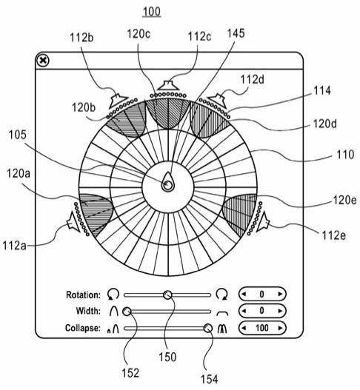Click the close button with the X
pos(43,61)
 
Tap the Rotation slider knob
pos(167,295)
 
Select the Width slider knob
pos(127,312)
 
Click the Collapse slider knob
pos(207,329)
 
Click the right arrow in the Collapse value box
pos(280,328)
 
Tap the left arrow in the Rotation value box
pos(244,295)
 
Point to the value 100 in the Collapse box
pos(262,328)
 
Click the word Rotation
pos(83,295)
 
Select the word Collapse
pos(83,329)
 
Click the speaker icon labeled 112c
pos(168,86)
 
